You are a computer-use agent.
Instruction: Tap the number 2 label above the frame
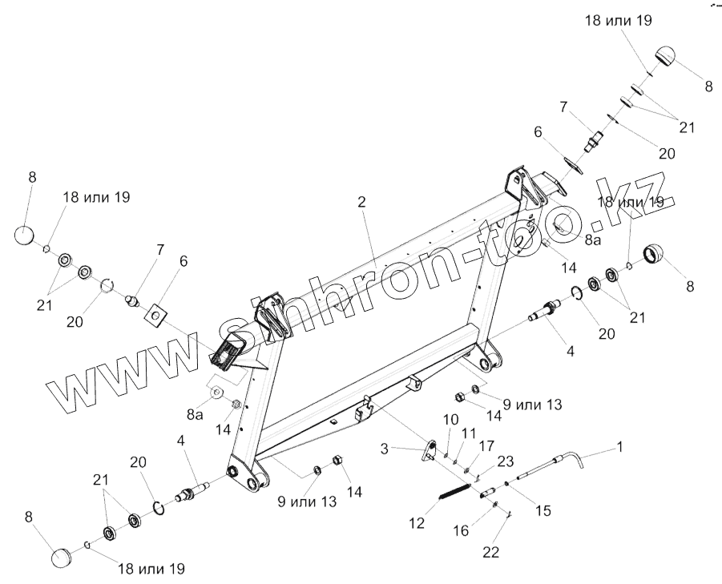[x=361, y=202]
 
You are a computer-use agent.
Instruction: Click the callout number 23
[x=505, y=460]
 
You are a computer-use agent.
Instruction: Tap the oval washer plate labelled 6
[x=572, y=165]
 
